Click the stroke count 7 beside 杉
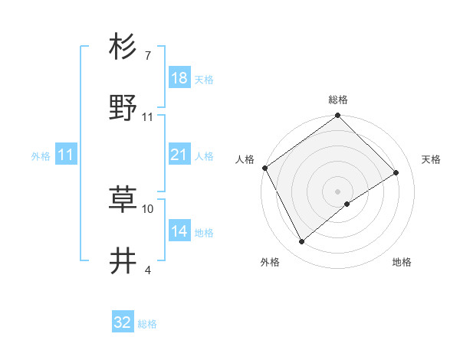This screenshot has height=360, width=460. (147, 56)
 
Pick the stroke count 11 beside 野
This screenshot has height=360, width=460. (147, 116)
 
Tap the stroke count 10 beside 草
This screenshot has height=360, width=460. (148, 208)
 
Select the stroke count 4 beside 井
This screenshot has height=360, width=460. (147, 270)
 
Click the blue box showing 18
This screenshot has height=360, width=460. (179, 77)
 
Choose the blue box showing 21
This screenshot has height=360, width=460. (179, 155)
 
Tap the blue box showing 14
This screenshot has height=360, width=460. (179, 231)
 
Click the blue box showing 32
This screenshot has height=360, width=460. (123, 322)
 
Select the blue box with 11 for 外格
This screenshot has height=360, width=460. (66, 155)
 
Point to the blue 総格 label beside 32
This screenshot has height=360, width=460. (148, 324)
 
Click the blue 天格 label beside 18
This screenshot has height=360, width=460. (204, 79)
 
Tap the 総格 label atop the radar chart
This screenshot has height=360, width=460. (338, 100)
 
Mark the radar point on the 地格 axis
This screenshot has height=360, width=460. (347, 204)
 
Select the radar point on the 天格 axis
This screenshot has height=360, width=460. (396, 172)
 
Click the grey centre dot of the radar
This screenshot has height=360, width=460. (338, 191)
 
